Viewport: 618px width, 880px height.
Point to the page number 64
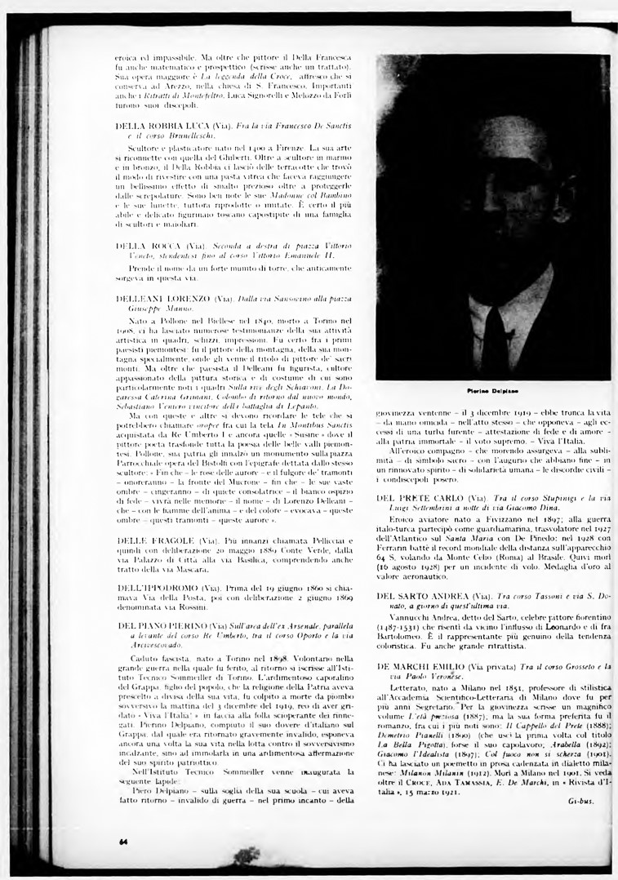pyautogui.click(x=122, y=841)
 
